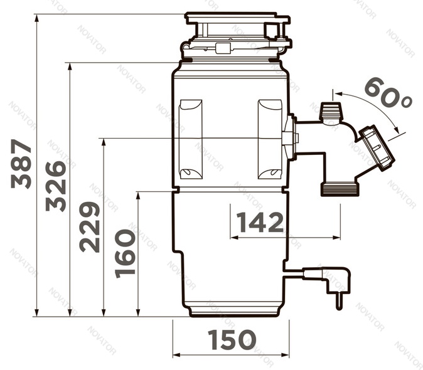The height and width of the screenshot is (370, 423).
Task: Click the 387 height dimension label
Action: point(21,164)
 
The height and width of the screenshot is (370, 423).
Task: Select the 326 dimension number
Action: point(56,186)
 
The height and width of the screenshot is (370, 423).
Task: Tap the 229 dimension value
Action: point(90,227)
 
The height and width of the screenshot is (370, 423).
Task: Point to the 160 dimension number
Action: point(125,253)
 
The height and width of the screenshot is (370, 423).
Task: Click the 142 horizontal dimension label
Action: point(260,223)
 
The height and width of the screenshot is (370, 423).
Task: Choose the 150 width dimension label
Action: point(232,339)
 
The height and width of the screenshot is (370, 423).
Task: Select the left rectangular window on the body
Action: point(191,139)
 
